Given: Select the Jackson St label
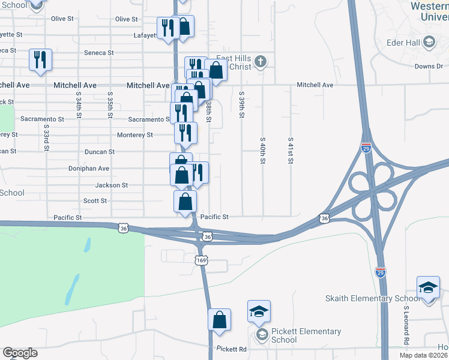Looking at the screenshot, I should click(112, 185).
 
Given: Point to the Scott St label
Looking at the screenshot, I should click(95, 201).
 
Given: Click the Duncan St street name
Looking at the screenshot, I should click(99, 152).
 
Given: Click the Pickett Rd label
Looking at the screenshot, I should click(232, 349).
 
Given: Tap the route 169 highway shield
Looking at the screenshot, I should click(202, 260).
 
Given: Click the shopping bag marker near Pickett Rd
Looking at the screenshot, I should click(220, 319).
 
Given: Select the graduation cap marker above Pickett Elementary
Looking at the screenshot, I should click(259, 311).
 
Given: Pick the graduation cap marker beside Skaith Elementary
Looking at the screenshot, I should click(429, 287).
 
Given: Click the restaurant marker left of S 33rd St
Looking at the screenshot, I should click(40, 59).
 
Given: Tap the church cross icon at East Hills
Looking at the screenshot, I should click(261, 61).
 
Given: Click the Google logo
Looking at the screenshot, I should click(20, 353).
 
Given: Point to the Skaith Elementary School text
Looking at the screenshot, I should click(373, 299).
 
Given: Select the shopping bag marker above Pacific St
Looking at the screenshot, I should click(185, 201).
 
